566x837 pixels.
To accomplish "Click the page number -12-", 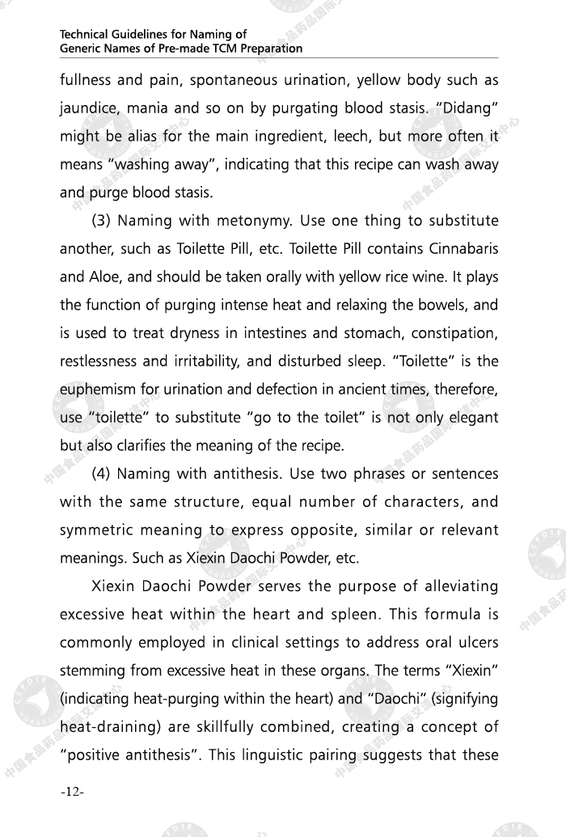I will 72,792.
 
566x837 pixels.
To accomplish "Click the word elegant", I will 470,418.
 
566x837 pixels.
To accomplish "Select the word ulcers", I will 476,643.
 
